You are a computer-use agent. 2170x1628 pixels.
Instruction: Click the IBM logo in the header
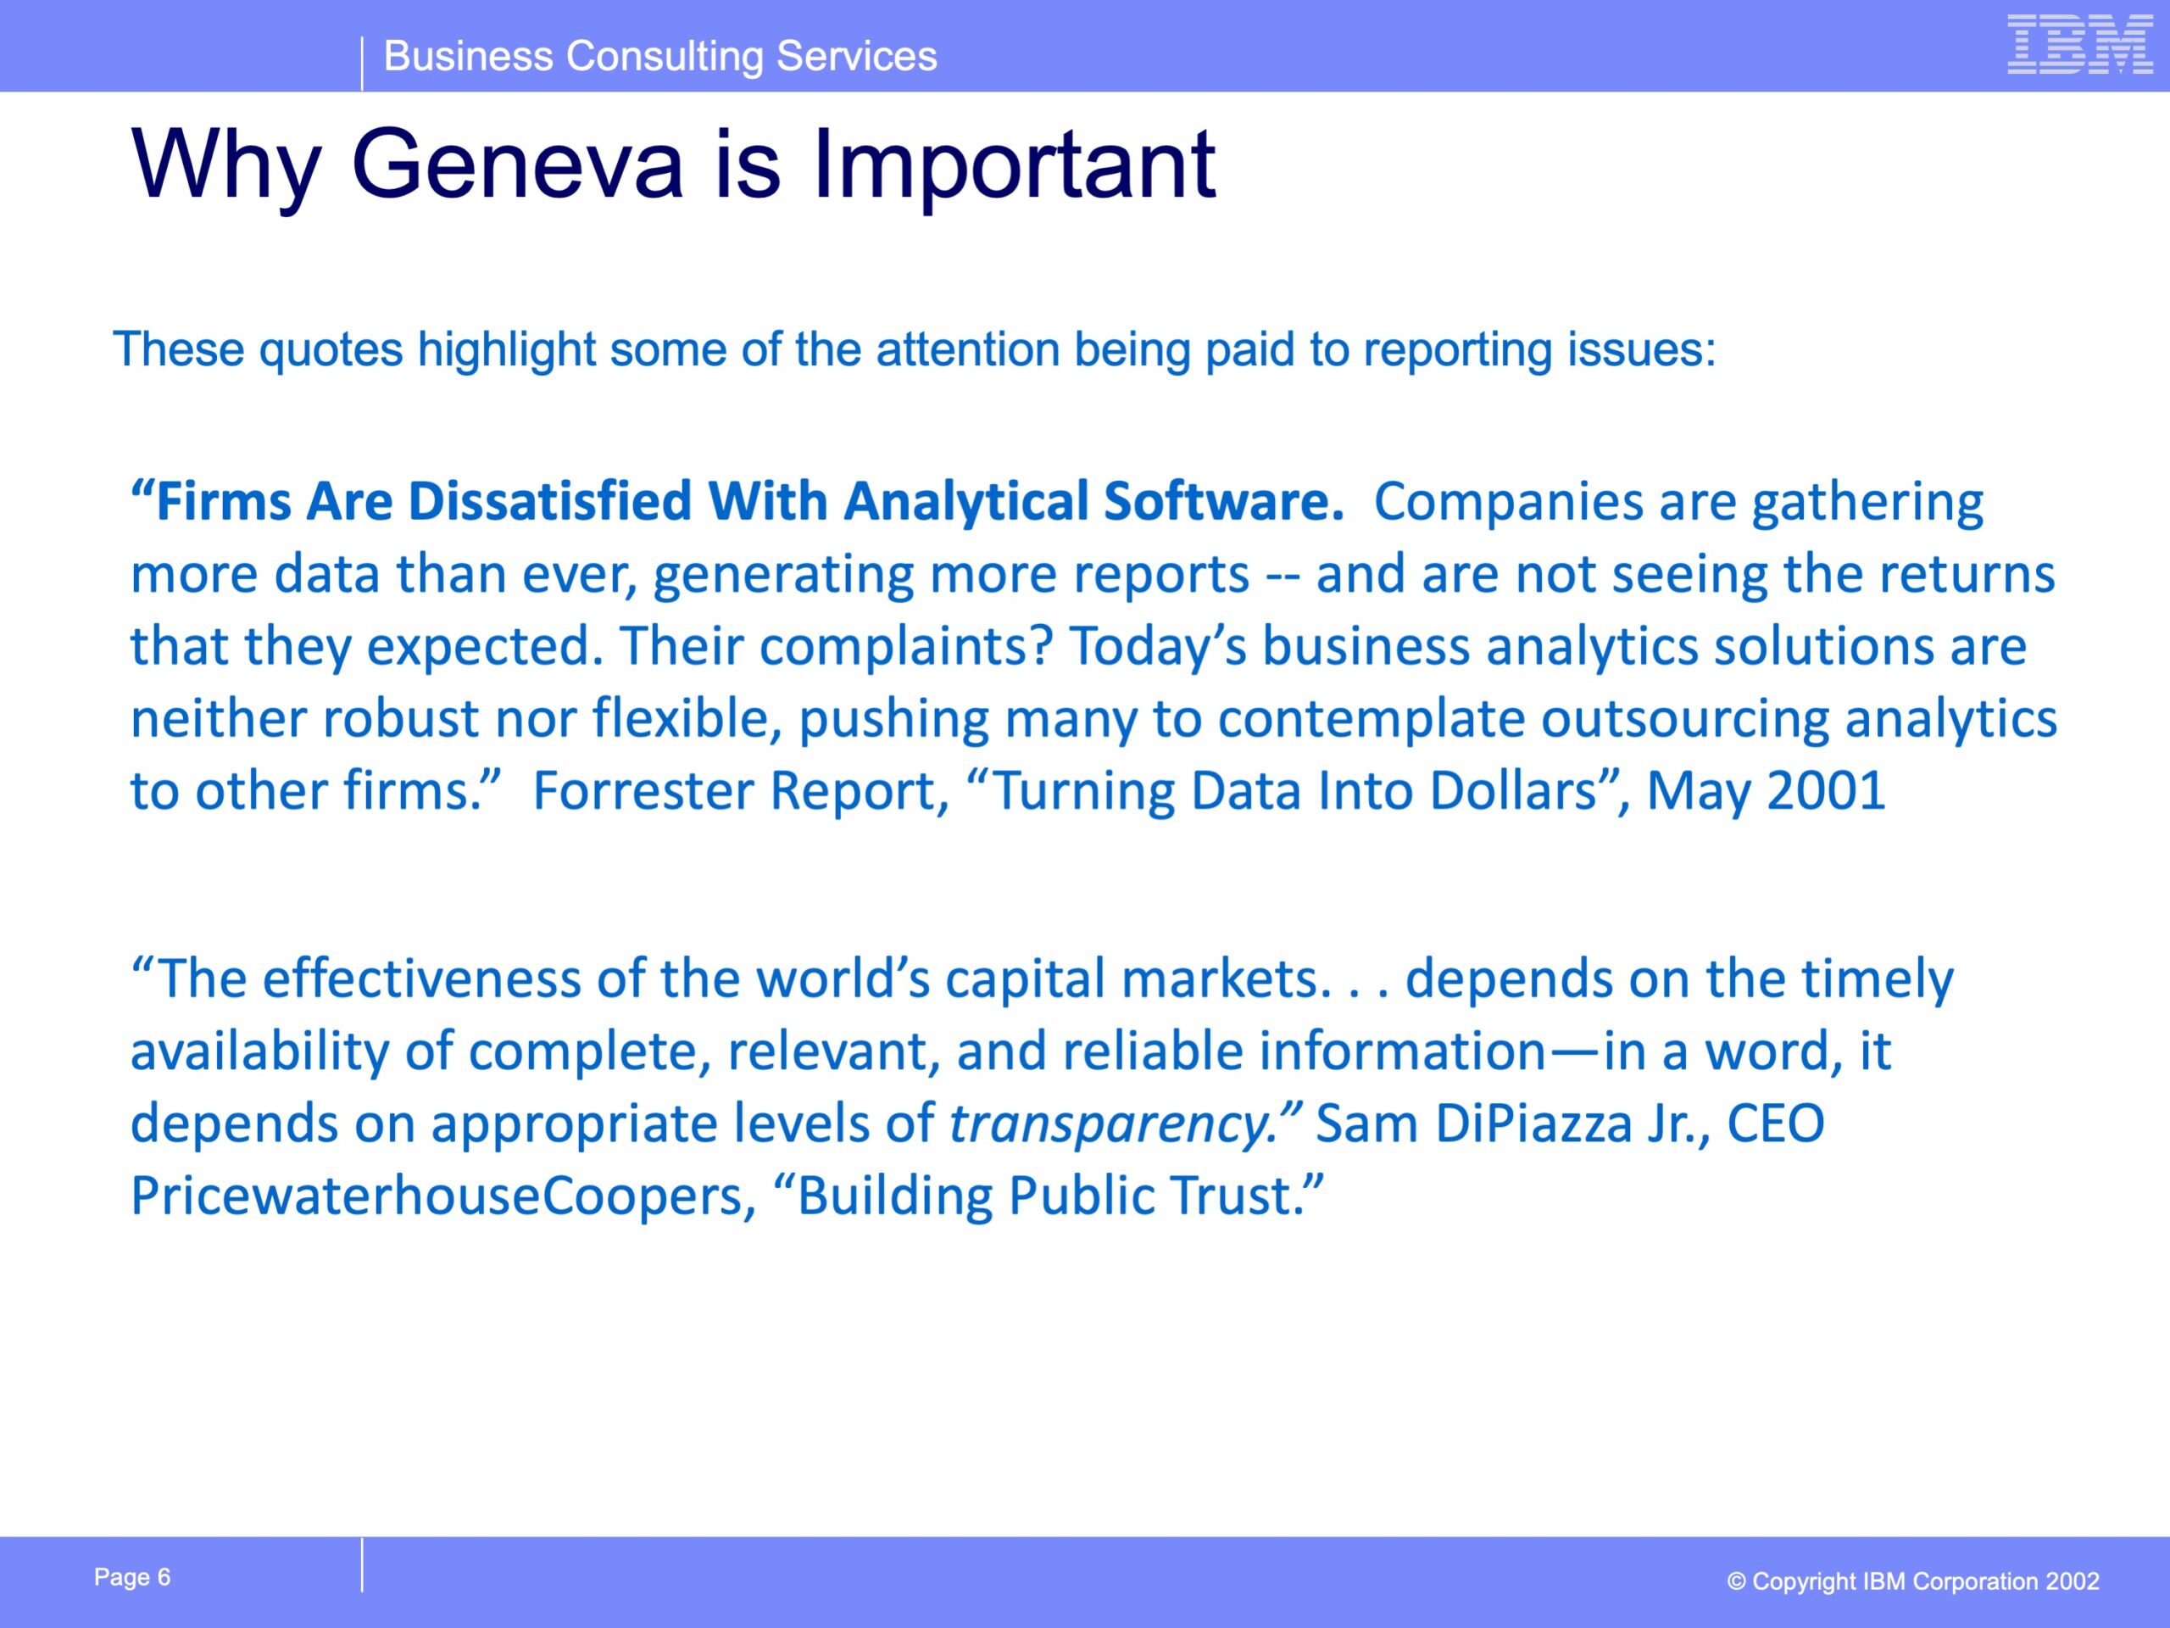tap(2080, 44)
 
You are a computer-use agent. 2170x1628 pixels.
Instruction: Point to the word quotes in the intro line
tap(331, 349)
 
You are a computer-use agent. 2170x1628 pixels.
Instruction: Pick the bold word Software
tap(1223, 500)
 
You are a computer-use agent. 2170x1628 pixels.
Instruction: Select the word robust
tap(400, 718)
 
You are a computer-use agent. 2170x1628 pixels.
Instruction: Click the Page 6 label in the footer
tap(132, 1578)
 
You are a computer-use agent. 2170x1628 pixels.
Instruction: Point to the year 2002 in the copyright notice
tap(2072, 1582)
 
